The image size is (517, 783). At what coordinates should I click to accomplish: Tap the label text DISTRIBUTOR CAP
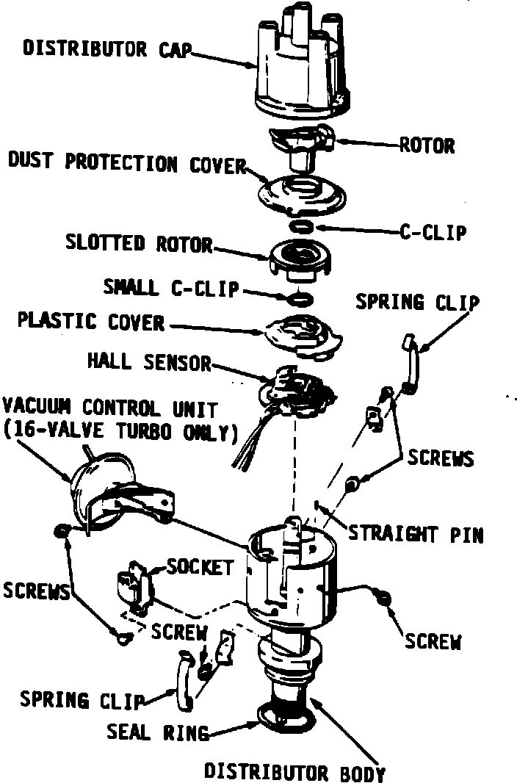pos(107,49)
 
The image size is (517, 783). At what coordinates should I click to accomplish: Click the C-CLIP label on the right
pos(433,233)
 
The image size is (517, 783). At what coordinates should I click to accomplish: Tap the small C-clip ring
pos(300,297)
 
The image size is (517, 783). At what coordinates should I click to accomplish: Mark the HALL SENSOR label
pos(149,361)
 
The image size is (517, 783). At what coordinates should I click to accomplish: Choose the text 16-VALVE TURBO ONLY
pos(121,432)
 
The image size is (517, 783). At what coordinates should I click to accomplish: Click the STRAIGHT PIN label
pos(416,534)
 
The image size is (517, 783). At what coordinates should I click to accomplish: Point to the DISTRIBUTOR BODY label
pos(294,773)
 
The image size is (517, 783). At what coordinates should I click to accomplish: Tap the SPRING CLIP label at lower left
pos(82,700)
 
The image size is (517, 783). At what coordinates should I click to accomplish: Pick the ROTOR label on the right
pos(426,145)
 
